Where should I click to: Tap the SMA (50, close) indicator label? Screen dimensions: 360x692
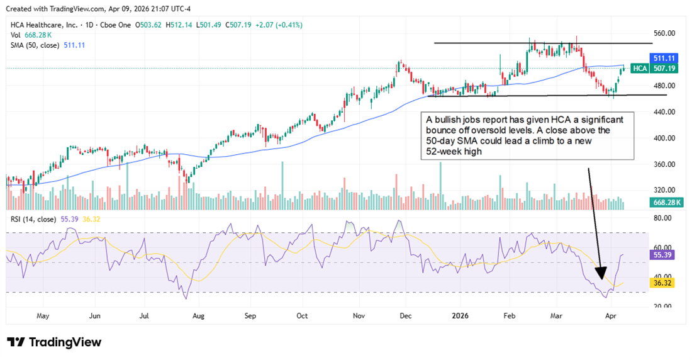pos(35,45)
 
